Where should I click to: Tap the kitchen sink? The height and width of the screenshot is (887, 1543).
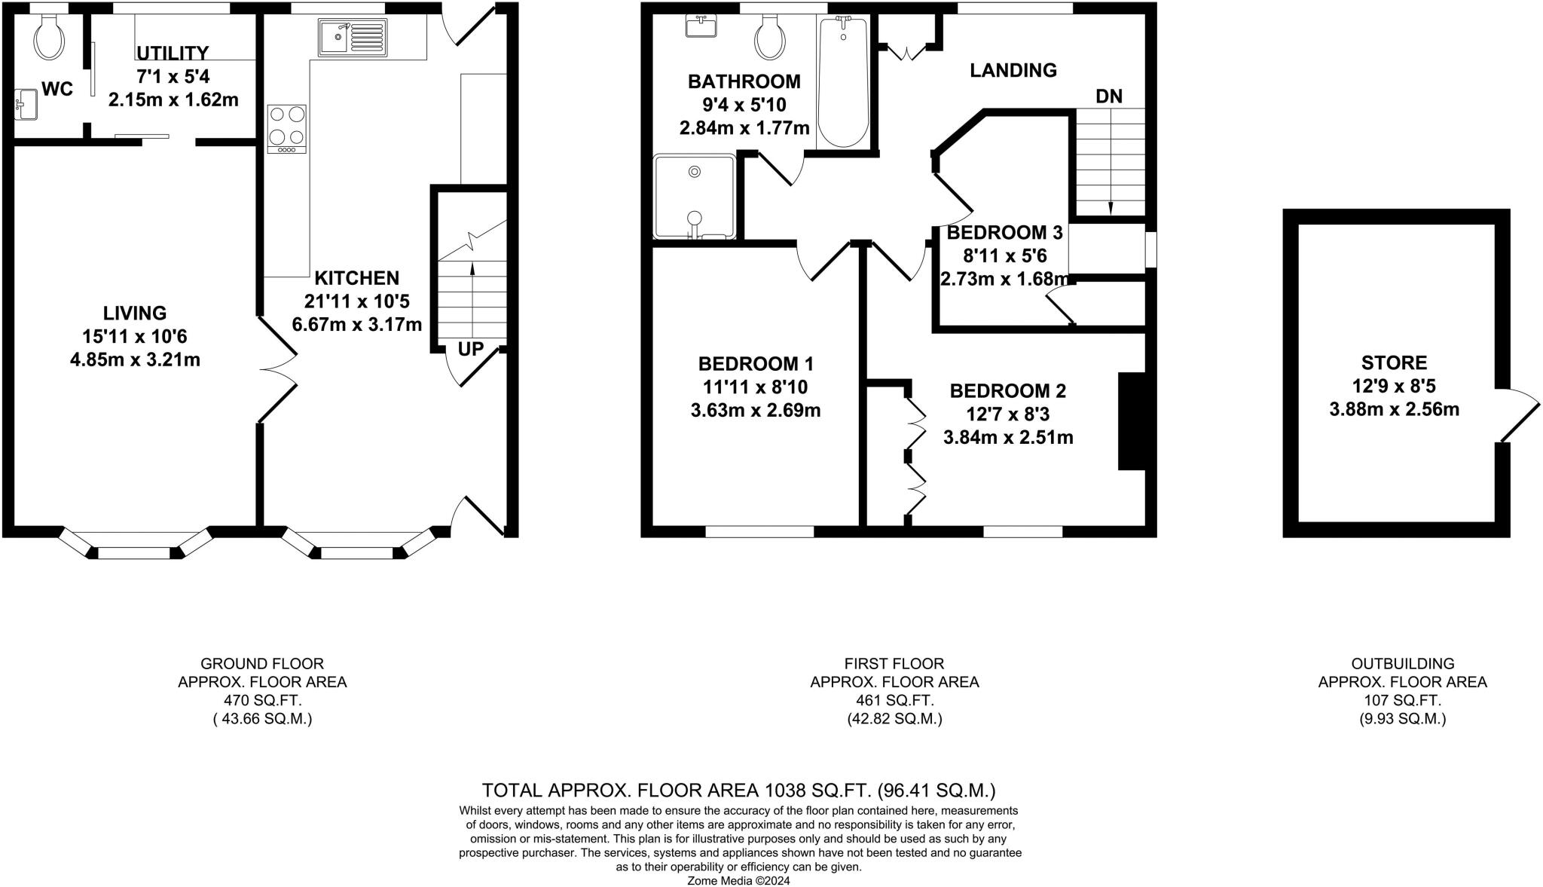point(352,38)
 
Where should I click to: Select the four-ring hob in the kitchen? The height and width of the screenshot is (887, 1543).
point(286,129)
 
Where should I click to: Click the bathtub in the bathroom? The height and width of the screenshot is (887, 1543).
point(843,81)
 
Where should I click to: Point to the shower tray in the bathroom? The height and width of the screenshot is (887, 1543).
point(694,197)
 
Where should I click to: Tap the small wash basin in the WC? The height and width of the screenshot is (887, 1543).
point(26,104)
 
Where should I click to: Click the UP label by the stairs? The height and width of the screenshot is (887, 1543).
point(471,350)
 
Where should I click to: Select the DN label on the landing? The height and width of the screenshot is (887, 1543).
point(1109,96)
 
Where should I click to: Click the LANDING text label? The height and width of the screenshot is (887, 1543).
point(1013,70)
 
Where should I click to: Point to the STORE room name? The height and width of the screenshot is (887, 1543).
point(1394,362)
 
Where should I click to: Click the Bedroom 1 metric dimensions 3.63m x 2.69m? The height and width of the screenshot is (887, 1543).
point(756,411)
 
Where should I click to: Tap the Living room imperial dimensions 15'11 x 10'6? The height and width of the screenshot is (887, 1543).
point(135,336)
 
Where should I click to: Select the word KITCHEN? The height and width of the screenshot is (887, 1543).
point(357,277)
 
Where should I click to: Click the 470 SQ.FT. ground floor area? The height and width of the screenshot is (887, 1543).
point(262,700)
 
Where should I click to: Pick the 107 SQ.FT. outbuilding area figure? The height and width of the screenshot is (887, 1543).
point(1402,700)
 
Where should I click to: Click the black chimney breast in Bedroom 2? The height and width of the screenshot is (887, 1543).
point(1132,421)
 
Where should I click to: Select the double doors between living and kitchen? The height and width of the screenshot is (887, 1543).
point(279,369)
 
